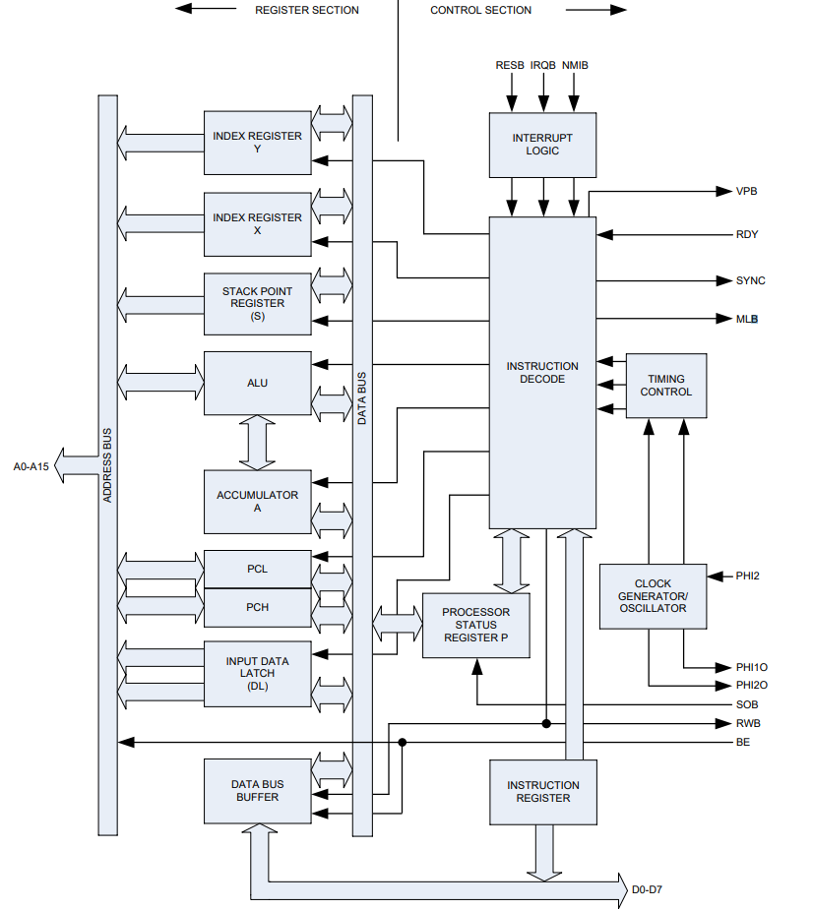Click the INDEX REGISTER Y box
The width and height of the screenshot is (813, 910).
[x=257, y=142]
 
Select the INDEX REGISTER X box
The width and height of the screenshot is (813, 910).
[x=257, y=223]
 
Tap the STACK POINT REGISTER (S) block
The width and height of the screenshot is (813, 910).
[x=257, y=303]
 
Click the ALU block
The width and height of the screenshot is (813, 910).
[x=257, y=383]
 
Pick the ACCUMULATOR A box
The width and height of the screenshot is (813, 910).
[x=257, y=502]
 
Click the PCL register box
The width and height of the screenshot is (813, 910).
[x=257, y=569]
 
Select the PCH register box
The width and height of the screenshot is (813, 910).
[x=257, y=607]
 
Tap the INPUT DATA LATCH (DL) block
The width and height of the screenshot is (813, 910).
[x=257, y=674]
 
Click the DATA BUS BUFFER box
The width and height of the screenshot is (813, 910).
[x=257, y=791]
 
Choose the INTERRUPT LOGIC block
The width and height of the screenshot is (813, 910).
[x=542, y=145]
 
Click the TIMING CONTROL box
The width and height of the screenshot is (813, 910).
[x=666, y=386]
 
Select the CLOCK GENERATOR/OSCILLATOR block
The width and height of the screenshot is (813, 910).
[x=653, y=596]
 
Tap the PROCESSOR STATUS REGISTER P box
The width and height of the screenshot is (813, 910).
[x=475, y=625]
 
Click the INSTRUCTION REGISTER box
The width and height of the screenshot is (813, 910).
[x=543, y=792]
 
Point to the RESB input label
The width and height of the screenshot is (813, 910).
[x=511, y=65]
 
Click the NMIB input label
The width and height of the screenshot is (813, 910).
[x=576, y=65]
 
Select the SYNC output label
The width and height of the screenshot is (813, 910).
[x=750, y=280]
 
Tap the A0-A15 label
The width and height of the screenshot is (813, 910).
[x=31, y=466]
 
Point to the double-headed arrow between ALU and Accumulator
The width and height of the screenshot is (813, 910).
[x=258, y=442]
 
